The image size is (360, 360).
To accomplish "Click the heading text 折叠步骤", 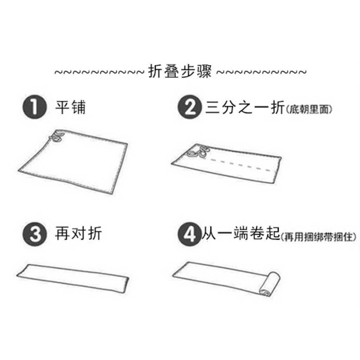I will (180, 72).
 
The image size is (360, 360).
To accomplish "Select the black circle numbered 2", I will (190, 108).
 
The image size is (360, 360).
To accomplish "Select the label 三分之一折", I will (244, 108).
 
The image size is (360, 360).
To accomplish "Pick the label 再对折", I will (78, 234).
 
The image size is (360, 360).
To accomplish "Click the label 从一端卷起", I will (240, 234).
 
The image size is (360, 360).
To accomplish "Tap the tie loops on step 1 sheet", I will (56, 137).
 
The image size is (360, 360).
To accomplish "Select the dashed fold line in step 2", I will (239, 165).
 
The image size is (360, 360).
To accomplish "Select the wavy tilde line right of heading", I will (261, 73).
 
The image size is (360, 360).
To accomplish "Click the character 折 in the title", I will (156, 72).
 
